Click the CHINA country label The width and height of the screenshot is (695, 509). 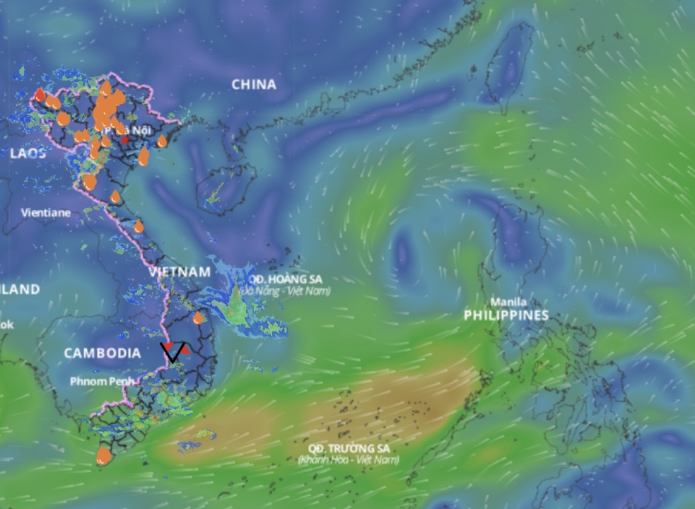coord(254,85)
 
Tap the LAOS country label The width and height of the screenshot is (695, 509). coord(28,153)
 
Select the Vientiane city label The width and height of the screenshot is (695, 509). coord(46,212)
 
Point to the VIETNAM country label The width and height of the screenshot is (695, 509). coord(180,272)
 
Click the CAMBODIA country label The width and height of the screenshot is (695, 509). coord(103,353)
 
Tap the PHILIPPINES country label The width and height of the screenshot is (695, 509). coord(506,315)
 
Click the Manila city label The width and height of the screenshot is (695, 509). coord(509,301)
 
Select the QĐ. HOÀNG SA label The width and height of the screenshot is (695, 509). coord(285,279)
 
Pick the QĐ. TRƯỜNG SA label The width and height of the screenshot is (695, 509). coord(349,448)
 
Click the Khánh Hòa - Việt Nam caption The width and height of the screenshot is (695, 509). coord(349,460)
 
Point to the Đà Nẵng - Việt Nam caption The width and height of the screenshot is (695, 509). coord(285,291)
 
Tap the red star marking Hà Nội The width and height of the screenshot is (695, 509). coord(125,140)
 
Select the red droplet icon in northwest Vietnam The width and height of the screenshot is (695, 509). coord(40,95)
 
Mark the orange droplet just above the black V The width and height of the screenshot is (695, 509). coord(198,318)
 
